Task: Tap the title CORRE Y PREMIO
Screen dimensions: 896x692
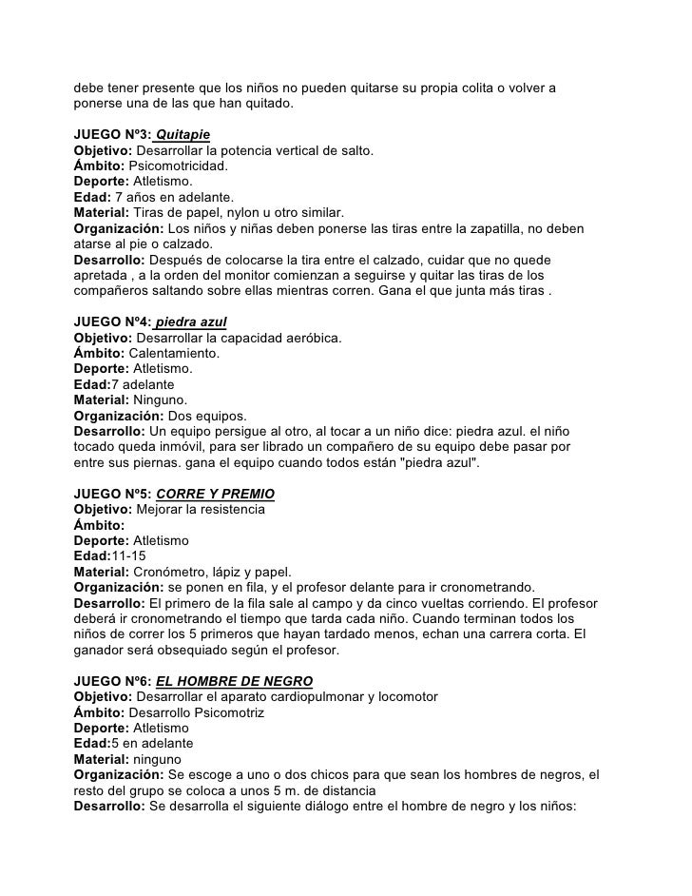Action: pos(215,496)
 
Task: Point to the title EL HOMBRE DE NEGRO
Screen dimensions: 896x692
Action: pos(234,682)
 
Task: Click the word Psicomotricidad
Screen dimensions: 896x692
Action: pos(178,166)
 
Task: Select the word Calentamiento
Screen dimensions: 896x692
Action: pos(175,354)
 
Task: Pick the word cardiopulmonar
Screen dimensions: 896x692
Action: pos(321,697)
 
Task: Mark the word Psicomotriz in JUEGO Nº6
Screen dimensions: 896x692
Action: pos(232,712)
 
